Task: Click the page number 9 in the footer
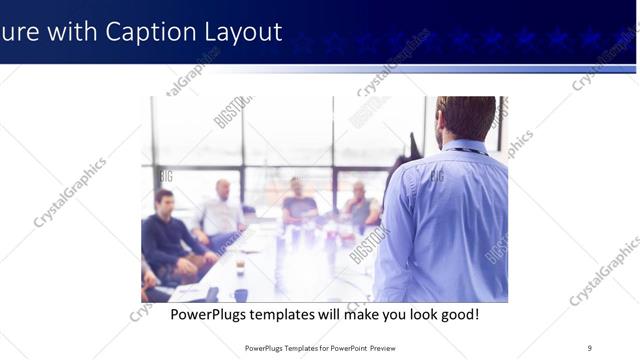(589, 347)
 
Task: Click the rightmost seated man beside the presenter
(360, 205)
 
